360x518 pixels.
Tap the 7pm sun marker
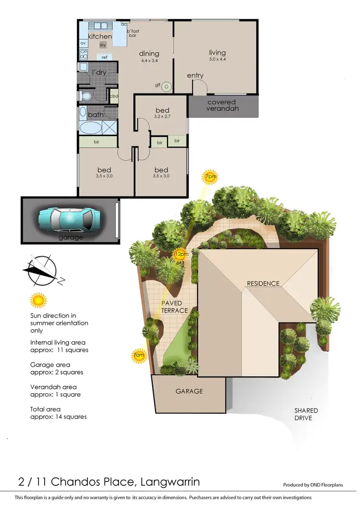(x=210, y=177)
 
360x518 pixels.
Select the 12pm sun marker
(x=180, y=255)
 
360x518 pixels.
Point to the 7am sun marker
(x=138, y=355)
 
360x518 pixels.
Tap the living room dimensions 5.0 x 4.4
(x=217, y=60)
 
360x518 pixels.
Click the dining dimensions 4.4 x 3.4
(x=149, y=61)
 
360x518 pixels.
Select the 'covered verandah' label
(x=221, y=106)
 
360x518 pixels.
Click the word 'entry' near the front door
(x=195, y=75)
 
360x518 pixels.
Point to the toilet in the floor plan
(x=86, y=96)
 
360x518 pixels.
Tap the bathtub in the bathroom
(x=90, y=128)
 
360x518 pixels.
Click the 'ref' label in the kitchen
(x=104, y=57)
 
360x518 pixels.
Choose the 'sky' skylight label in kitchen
(x=103, y=45)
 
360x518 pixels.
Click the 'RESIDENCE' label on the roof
(x=263, y=283)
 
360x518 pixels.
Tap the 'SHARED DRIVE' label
(x=306, y=414)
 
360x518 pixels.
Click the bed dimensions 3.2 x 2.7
(x=162, y=117)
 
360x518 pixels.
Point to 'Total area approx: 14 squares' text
(x=58, y=412)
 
